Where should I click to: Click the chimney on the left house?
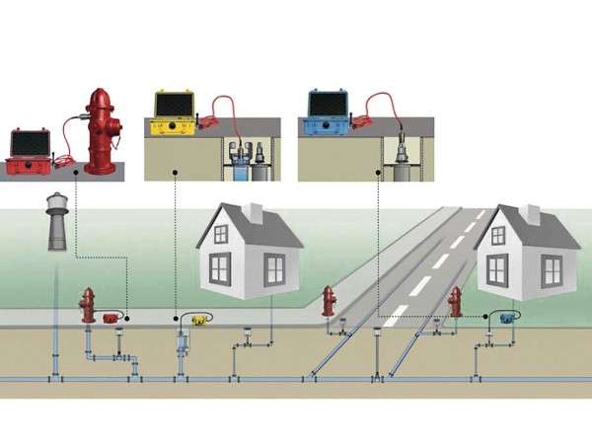click(255, 210)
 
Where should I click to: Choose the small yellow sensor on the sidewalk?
click(200, 318)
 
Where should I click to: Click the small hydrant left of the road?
click(329, 299)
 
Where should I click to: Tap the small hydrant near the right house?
click(455, 300)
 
